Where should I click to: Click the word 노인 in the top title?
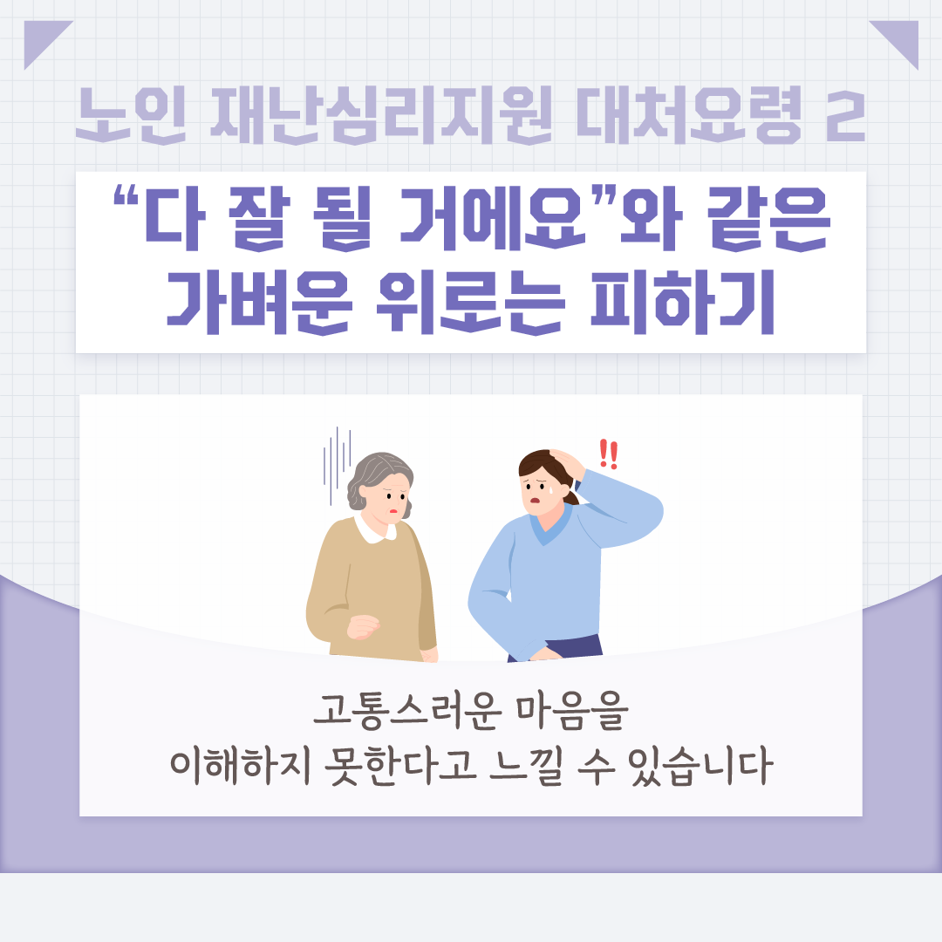tap(131, 115)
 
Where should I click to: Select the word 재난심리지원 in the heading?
tap(381, 115)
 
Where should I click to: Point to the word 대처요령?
tap(688, 115)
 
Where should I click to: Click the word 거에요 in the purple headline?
tap(492, 217)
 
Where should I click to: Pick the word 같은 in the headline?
tap(768, 217)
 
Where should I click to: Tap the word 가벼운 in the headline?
tap(259, 302)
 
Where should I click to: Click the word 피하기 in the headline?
tap(683, 302)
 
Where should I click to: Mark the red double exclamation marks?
tap(609, 454)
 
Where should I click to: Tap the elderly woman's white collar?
tap(374, 529)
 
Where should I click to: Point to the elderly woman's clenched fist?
tap(363, 626)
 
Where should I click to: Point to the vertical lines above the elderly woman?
tap(337, 456)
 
